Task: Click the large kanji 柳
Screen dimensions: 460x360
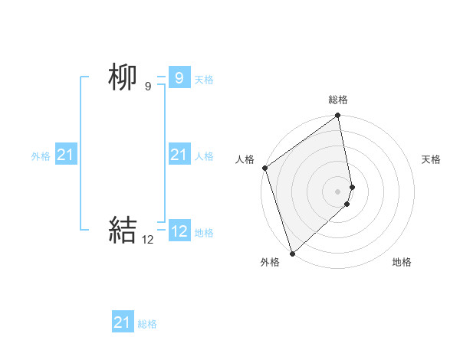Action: coord(122,77)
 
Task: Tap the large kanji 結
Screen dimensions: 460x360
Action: coord(123,230)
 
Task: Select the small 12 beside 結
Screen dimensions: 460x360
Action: coord(148,240)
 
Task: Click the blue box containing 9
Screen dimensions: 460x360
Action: coord(179,77)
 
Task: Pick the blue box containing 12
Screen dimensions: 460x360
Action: coord(179,231)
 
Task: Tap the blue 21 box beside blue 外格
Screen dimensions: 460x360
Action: coord(65,155)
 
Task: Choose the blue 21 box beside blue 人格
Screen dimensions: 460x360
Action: coord(179,155)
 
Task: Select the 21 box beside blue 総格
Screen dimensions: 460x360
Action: coord(123,322)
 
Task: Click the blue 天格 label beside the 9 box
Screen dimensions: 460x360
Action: coord(204,80)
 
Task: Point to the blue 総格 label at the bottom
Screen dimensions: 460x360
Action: coord(147,324)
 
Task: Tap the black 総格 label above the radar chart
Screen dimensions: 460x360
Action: coord(338,100)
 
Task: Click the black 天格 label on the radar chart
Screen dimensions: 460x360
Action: coord(431,159)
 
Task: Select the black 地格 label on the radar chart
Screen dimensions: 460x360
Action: coord(402,262)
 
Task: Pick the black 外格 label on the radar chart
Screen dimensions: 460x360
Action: coord(270,262)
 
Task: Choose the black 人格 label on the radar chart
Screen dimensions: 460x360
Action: coord(245,159)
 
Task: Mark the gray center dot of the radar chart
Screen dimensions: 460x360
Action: coord(338,191)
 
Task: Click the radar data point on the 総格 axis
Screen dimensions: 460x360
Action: coord(338,116)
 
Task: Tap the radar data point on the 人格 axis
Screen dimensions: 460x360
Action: coord(264,168)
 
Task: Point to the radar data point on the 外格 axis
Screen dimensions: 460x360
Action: coord(292,253)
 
